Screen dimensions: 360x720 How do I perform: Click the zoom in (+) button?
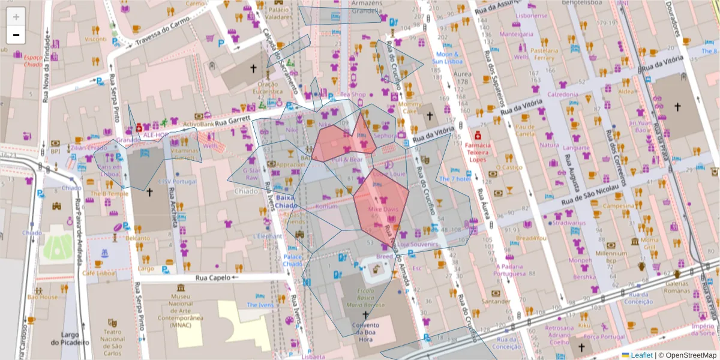click(x=16, y=16)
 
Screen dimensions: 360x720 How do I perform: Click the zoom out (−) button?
click(x=16, y=35)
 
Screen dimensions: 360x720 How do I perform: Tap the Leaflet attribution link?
click(x=641, y=355)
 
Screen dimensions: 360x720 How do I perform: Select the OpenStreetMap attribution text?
click(x=690, y=355)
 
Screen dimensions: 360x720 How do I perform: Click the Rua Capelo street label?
click(x=213, y=278)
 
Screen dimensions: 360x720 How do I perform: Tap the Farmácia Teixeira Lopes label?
click(x=478, y=152)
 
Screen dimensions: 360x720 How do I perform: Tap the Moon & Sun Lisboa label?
click(x=446, y=58)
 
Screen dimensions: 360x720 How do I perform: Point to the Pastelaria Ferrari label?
click(x=544, y=55)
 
